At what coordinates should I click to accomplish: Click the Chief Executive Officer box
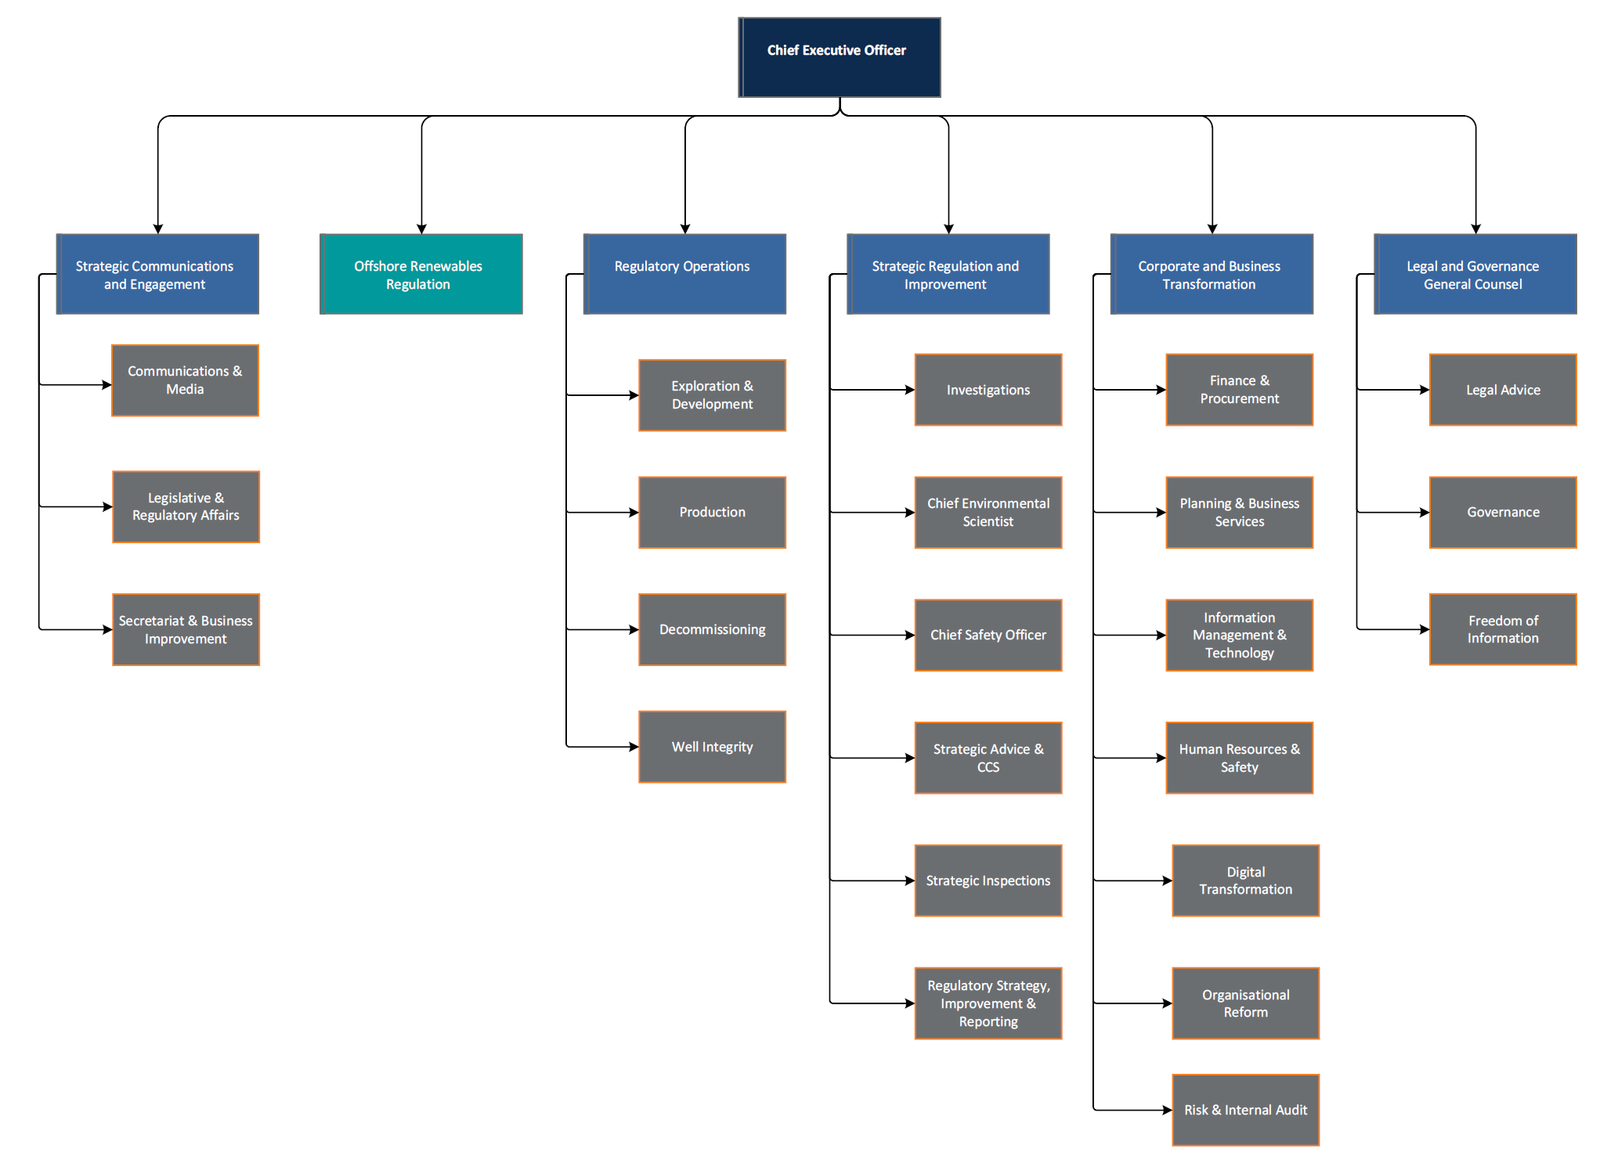pyautogui.click(x=839, y=57)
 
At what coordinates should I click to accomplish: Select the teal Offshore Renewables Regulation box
pyautogui.click(x=421, y=274)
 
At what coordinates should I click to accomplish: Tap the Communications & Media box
pyautogui.click(x=185, y=380)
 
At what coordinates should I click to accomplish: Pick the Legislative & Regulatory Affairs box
pyautogui.click(x=186, y=506)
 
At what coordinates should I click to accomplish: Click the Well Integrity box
pyautogui.click(x=712, y=747)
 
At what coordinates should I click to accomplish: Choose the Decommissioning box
pyautogui.click(x=712, y=629)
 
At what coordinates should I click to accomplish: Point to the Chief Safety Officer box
pyautogui.click(x=988, y=635)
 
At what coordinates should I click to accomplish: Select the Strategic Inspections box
pyautogui.click(x=988, y=881)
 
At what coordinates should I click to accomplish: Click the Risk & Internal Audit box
pyautogui.click(x=1245, y=1110)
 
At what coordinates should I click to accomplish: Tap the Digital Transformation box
pyautogui.click(x=1245, y=881)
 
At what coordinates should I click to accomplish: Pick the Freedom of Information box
pyautogui.click(x=1502, y=629)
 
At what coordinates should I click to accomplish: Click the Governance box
pyautogui.click(x=1502, y=512)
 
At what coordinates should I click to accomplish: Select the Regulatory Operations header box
pyautogui.click(x=684, y=274)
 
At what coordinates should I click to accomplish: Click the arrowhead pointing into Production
pyautogui.click(x=634, y=513)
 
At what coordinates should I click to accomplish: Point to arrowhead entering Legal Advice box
pyautogui.click(x=1425, y=390)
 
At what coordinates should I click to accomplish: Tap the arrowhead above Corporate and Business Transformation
pyautogui.click(x=1212, y=229)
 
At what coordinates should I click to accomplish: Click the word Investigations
pyautogui.click(x=988, y=390)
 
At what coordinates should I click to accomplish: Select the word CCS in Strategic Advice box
pyautogui.click(x=988, y=767)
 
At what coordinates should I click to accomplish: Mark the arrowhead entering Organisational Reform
pyautogui.click(x=1167, y=1003)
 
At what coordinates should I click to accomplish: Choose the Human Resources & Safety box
pyautogui.click(x=1239, y=758)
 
